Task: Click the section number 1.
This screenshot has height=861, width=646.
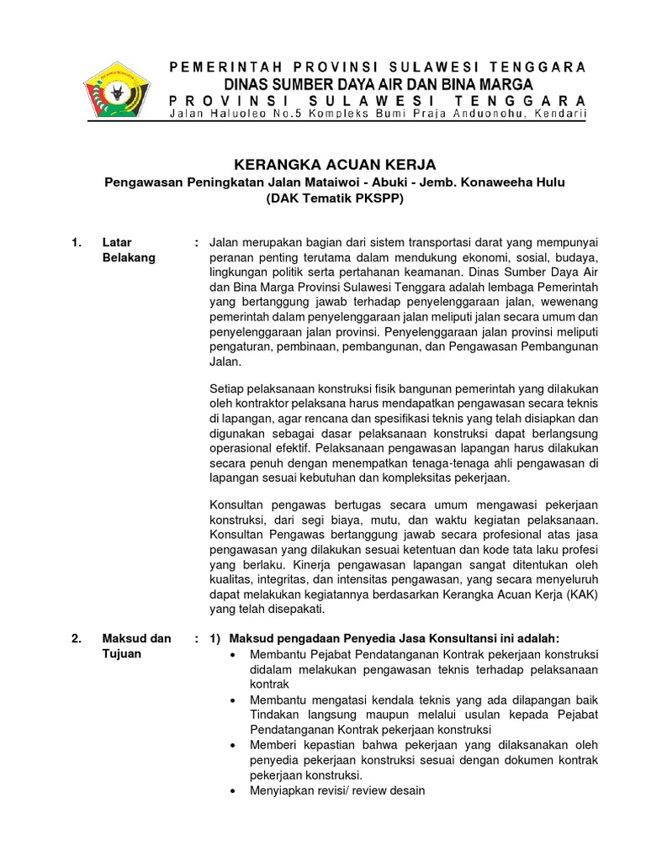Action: pos(77,243)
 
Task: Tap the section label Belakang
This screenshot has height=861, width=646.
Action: pos(129,258)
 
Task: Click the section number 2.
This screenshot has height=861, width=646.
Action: pos(77,638)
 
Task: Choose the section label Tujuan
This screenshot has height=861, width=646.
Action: pos(122,653)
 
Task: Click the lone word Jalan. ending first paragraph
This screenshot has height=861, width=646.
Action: pos(225,361)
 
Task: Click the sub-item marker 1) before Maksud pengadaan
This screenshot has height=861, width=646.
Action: pos(215,638)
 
